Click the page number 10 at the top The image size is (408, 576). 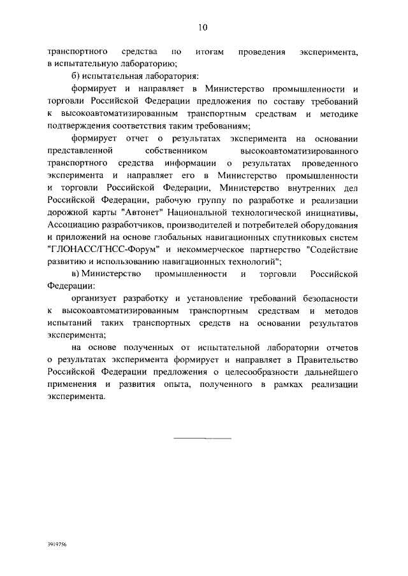click(203, 27)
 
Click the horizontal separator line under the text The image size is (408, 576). click(203, 439)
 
